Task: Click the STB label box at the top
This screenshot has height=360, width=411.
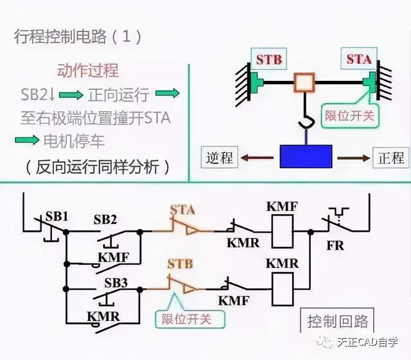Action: [x=268, y=59]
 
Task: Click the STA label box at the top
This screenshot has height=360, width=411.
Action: [x=359, y=58]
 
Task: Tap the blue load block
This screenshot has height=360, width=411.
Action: [x=306, y=157]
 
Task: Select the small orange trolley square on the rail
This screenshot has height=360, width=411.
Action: [x=304, y=82]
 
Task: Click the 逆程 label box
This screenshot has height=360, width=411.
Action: [x=220, y=157]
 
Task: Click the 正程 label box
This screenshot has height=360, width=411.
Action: [x=391, y=157]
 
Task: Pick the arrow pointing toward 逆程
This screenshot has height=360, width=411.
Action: [x=257, y=158]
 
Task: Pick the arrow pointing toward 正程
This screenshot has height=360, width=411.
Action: [x=354, y=158]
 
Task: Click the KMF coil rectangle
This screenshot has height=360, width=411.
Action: [x=283, y=232]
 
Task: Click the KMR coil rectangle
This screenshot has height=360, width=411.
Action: [x=283, y=289]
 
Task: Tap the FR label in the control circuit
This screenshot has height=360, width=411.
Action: [x=335, y=246]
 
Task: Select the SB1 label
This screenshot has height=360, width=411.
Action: [x=57, y=216]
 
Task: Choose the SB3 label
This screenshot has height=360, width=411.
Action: [x=116, y=283]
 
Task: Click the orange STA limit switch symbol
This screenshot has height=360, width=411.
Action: [x=183, y=227]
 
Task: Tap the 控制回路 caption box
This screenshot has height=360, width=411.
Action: [x=337, y=320]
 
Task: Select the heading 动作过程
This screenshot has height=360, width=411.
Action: [x=88, y=71]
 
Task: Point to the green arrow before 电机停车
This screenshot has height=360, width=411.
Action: [x=27, y=140]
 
